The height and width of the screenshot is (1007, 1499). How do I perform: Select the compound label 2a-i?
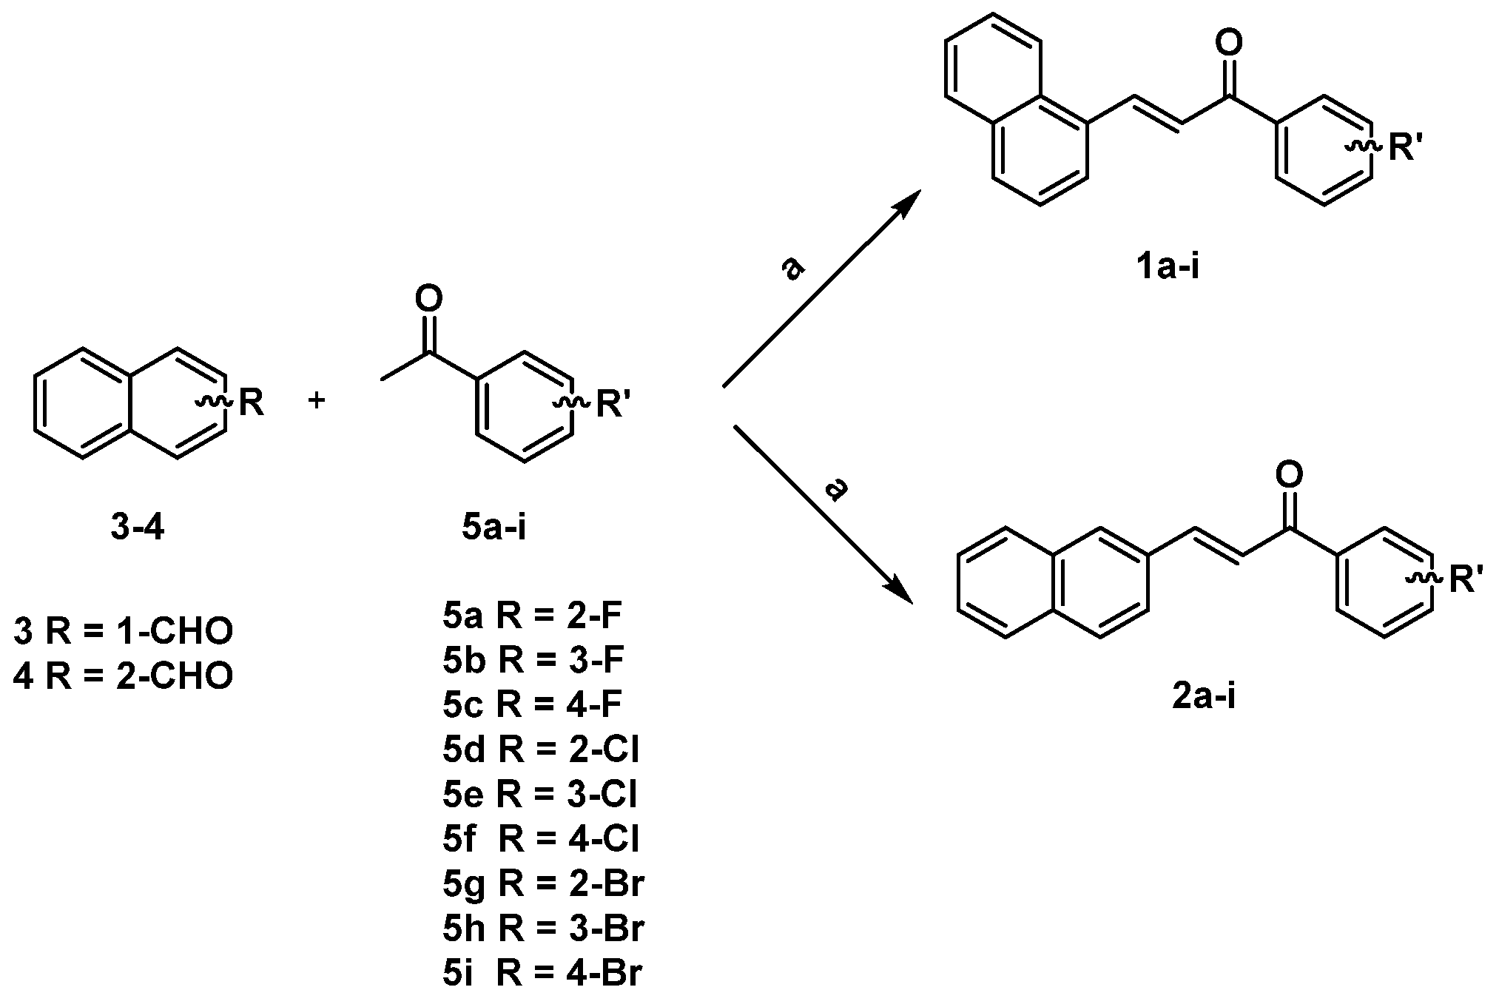click(x=1204, y=696)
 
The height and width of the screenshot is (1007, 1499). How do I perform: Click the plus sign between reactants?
click(x=317, y=401)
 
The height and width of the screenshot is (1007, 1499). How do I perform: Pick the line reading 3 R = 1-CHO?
click(x=124, y=631)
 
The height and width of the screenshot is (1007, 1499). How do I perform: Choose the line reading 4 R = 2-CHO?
click(x=124, y=676)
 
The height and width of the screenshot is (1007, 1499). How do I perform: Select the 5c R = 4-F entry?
click(x=532, y=705)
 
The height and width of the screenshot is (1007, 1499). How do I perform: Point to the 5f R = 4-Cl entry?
click(x=541, y=838)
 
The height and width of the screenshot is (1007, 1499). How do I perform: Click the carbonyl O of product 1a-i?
click(x=1229, y=44)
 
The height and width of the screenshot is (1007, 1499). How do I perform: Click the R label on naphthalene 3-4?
click(x=251, y=403)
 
